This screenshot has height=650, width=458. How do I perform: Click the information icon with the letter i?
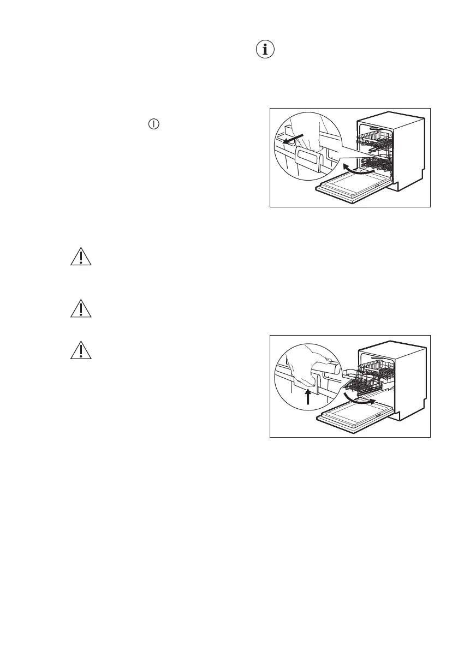(x=266, y=50)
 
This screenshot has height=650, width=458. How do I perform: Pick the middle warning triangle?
(x=81, y=308)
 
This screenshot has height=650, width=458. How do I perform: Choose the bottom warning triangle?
(x=81, y=350)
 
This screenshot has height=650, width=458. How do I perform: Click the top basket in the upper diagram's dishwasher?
(x=376, y=137)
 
